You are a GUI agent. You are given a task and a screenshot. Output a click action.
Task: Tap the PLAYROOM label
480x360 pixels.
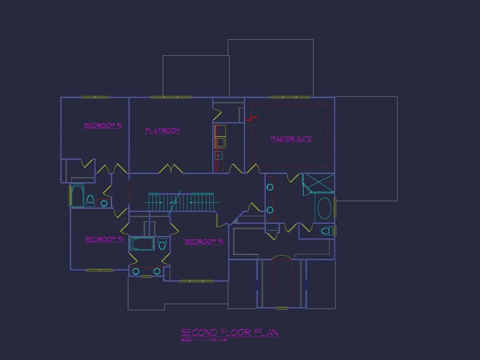[162, 130]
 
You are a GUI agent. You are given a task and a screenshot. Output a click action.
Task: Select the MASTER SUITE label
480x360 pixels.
[291, 139]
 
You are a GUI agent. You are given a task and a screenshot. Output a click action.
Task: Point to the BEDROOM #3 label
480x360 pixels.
[104, 240]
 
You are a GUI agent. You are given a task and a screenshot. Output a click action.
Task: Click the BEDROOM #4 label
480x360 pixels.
[204, 242]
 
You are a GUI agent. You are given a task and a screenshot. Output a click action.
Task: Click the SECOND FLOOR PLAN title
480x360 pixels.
[230, 333]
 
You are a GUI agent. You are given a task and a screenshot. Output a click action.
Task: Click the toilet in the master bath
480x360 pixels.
[327, 231]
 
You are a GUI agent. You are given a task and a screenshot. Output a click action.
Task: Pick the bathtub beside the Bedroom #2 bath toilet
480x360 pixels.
[77, 196]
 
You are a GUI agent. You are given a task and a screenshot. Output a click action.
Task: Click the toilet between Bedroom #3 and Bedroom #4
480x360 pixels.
[162, 244]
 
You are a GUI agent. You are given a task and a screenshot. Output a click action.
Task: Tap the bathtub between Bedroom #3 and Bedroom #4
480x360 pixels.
[142, 244]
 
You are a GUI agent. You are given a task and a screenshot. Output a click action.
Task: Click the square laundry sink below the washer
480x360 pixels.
[219, 155]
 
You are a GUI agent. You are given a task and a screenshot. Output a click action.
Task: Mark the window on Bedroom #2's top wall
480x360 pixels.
[95, 97]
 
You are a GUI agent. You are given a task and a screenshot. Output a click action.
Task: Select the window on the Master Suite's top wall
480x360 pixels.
[289, 97]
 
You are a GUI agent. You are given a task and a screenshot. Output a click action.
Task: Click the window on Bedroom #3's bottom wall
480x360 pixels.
[99, 270]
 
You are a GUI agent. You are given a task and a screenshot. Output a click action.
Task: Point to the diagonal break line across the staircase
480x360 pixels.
[175, 202]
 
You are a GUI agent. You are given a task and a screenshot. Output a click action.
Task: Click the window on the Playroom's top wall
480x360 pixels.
[171, 97]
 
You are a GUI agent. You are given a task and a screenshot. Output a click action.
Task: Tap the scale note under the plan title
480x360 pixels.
[204, 339]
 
